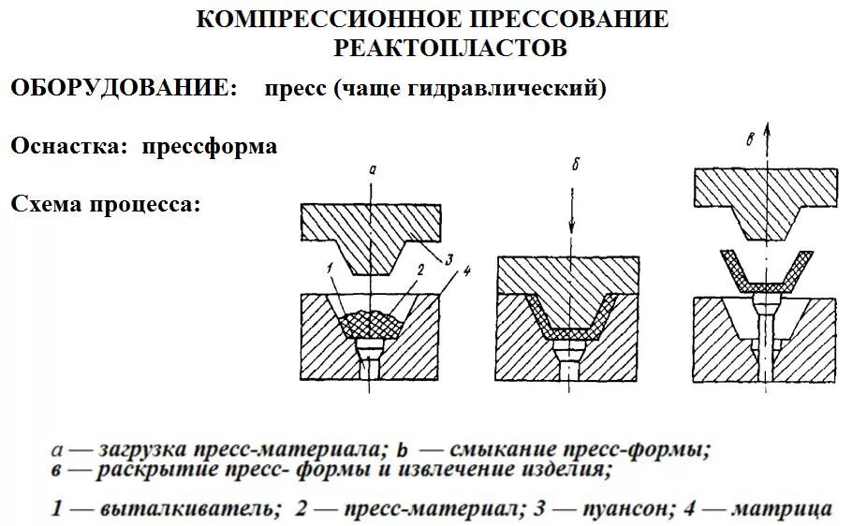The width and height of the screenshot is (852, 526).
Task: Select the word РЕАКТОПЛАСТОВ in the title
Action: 450,47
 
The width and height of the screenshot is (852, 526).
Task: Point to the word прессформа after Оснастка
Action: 210,147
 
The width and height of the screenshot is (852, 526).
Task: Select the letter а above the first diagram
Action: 373,169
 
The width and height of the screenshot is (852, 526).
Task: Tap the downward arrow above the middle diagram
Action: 571,225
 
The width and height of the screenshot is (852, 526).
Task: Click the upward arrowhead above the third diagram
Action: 766,129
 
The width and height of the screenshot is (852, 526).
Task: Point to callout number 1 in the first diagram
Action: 331,270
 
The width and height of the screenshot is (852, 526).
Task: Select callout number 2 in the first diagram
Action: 422,269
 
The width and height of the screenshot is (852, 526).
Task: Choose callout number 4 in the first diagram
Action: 467,271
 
